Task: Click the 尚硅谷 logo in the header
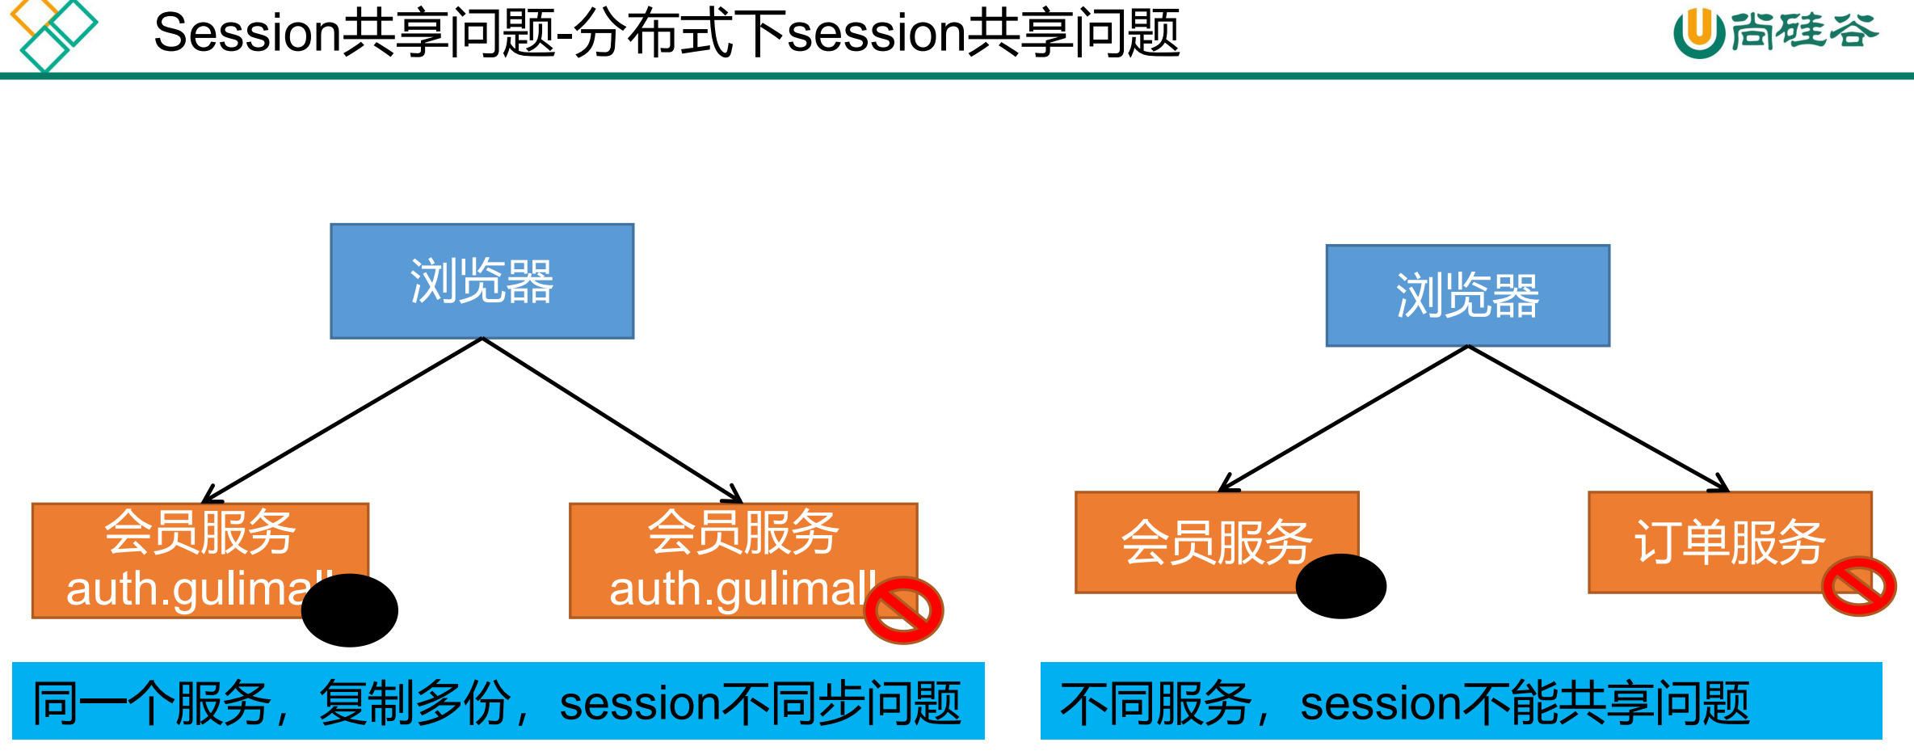point(1776,32)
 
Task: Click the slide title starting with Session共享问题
point(667,34)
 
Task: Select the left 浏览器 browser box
point(482,281)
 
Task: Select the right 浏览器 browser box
point(1467,296)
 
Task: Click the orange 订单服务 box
point(1729,542)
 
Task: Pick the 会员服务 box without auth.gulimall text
point(1216,542)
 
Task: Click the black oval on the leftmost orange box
point(350,610)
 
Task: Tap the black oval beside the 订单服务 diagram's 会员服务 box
point(1340,586)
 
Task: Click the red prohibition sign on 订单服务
point(1859,586)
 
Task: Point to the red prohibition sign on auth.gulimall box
point(903,610)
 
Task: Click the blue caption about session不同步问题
point(498,701)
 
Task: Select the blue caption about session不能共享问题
point(1461,701)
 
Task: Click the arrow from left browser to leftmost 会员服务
point(343,419)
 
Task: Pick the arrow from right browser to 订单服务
point(1596,417)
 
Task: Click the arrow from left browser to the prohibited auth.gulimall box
point(612,419)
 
